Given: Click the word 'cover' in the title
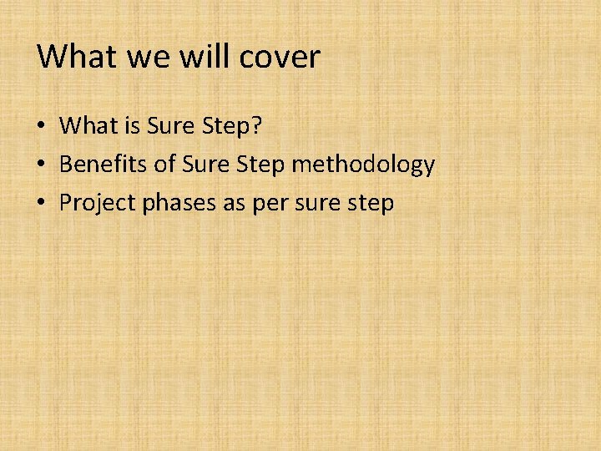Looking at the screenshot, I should pos(280,57).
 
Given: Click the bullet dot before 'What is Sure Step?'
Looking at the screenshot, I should pos(41,127).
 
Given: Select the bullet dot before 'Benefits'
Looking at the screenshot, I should pos(41,165).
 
